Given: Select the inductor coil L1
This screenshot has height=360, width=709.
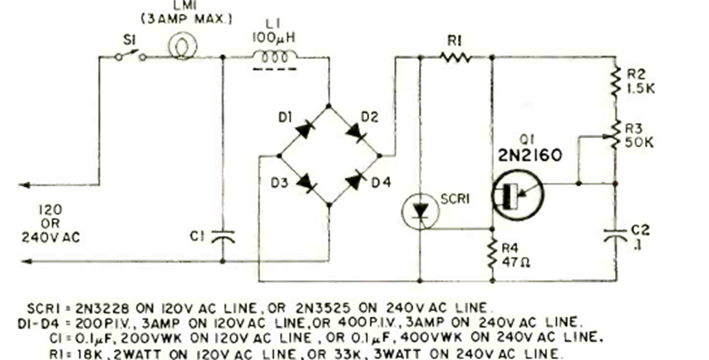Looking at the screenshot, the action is point(275,57).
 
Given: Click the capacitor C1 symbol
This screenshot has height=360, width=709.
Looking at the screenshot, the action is point(223,236).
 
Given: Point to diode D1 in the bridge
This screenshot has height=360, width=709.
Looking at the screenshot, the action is point(305,131).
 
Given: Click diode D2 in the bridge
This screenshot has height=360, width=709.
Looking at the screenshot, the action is point(353,131).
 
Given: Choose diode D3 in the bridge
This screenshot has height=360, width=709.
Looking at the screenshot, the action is point(306,182).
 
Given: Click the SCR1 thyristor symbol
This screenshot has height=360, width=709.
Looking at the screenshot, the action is point(421,212).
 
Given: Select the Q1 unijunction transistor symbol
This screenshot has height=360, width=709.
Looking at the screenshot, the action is point(518,194).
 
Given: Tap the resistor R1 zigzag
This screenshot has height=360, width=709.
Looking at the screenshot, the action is point(456,57).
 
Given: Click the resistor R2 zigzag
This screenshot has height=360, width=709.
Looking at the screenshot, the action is point(615,81).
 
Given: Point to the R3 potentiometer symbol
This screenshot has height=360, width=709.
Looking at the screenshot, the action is point(614,135).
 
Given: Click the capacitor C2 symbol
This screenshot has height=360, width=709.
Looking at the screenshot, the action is point(615,235).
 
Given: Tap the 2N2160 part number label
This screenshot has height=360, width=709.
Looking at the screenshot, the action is point(530,155).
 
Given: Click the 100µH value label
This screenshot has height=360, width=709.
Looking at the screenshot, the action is point(273,37).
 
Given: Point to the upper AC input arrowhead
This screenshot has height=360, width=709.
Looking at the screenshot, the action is point(23,185).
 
